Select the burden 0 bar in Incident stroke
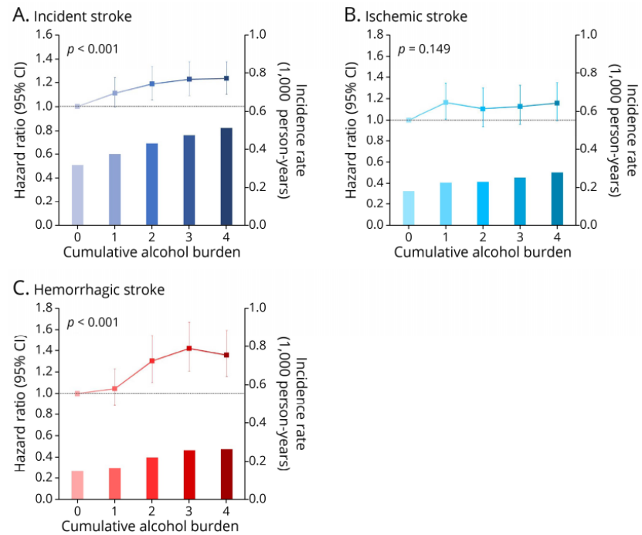pos(77,194)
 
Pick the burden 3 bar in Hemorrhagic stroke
pos(189,474)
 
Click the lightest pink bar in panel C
pos(77,484)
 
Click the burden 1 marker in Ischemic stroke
pos(446,102)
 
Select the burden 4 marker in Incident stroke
pos(226,78)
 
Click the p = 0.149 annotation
pos(424,49)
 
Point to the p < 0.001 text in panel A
pos(92,49)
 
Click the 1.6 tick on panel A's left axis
pos(45,35)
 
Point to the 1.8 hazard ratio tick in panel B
pos(376,35)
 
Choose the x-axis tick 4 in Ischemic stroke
pos(557,237)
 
